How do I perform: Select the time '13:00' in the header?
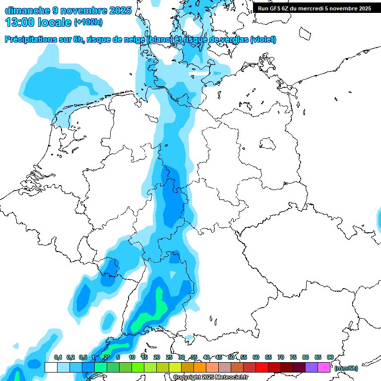tap(20, 22)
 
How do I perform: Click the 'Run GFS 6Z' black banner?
tap(315, 8)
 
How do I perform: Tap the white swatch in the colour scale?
tap(51, 367)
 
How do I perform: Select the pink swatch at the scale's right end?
tap(324, 367)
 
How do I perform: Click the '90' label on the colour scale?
tap(330, 357)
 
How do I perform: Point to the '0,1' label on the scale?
tap(58, 357)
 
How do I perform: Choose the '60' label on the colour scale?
tap(256, 357)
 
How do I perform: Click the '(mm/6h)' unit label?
tap(346, 368)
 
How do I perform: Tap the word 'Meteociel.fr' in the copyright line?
tap(228, 378)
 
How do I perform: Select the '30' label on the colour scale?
tap(182, 357)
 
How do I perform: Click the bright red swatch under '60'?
tap(262, 367)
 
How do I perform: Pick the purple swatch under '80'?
tap(312, 367)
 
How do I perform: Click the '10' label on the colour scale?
tap(132, 357)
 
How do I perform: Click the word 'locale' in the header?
tap(56, 22)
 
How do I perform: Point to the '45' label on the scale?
tap(219, 357)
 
